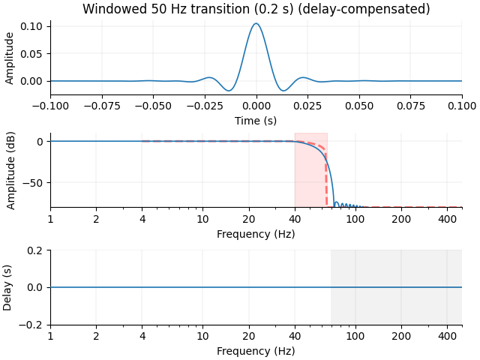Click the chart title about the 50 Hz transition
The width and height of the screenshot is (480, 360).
pyautogui.click(x=256, y=9)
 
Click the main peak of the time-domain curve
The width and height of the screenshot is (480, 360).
pyautogui.click(x=256, y=24)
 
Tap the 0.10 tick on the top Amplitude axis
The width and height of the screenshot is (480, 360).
pyautogui.click(x=34, y=25)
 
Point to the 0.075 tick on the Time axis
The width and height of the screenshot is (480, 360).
pyautogui.click(x=410, y=106)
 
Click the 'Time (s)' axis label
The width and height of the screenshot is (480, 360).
pyautogui.click(x=256, y=121)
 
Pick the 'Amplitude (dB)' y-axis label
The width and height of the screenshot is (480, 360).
pyautogui.click(x=10, y=169)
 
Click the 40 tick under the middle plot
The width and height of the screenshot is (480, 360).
pyautogui.click(x=295, y=219)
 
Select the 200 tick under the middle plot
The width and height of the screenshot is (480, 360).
pyautogui.click(x=401, y=219)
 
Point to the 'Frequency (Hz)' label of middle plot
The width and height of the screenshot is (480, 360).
pyautogui.click(x=256, y=233)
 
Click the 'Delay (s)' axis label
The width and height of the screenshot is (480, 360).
pyautogui.click(x=10, y=287)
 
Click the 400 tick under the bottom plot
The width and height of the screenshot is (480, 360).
pyautogui.click(x=447, y=337)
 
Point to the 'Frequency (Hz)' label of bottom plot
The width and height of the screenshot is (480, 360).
pyautogui.click(x=256, y=351)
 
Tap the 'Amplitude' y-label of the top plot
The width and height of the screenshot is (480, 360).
pyautogui.click(x=10, y=57)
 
